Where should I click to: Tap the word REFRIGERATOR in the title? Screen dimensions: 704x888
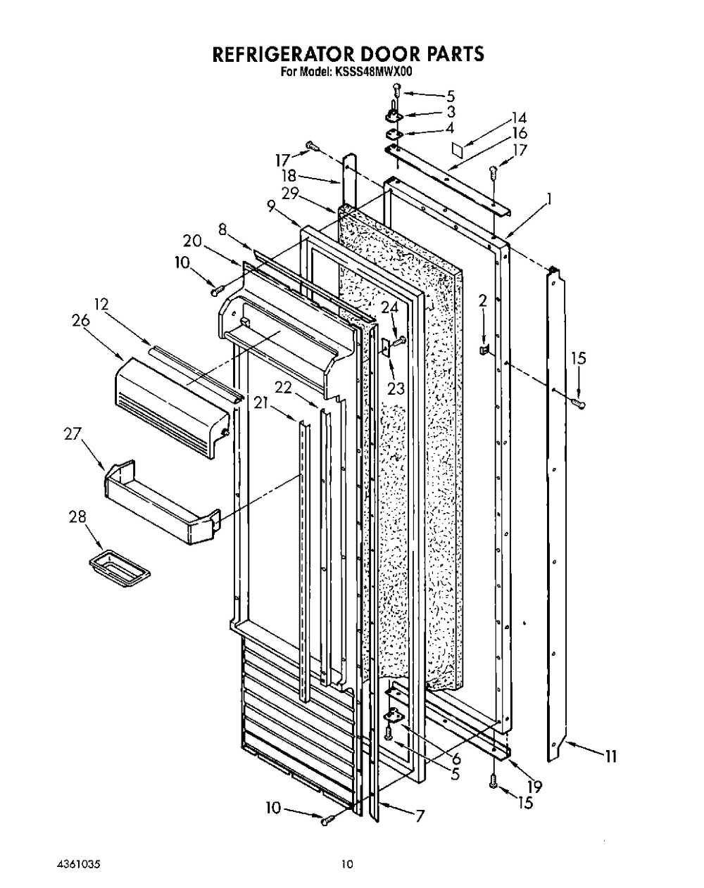(x=282, y=54)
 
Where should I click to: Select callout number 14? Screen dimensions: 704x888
(x=519, y=118)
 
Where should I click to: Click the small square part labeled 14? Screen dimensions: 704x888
(x=457, y=149)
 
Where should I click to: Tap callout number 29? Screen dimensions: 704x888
(x=290, y=193)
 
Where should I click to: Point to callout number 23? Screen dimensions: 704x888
(x=396, y=388)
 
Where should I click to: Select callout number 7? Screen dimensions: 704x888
(x=420, y=816)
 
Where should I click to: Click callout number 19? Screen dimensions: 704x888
(x=535, y=787)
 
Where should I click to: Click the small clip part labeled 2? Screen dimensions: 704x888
(x=484, y=350)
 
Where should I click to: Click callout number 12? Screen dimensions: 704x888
(x=101, y=304)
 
